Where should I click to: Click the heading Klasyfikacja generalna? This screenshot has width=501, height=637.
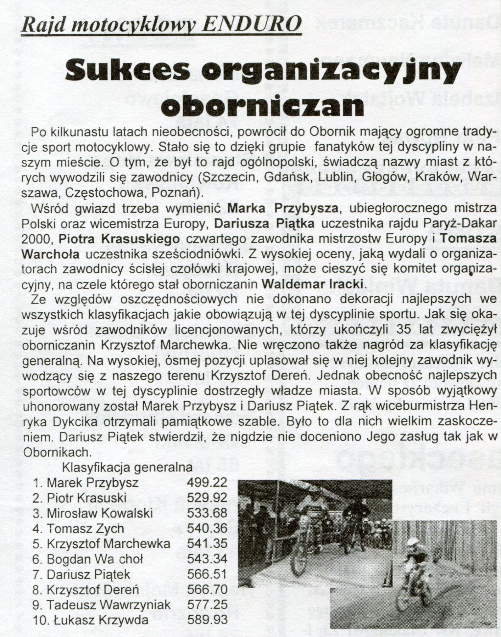(127, 467)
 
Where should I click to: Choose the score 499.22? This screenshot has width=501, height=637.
(207, 482)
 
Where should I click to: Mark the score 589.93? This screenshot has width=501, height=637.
(207, 620)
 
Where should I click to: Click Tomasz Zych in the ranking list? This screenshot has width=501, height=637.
(85, 528)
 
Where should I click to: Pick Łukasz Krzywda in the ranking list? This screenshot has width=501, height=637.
(97, 620)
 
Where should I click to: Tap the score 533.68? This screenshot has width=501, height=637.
(207, 513)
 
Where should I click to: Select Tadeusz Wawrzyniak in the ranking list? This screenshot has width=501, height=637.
(108, 604)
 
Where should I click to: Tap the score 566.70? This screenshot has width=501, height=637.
(207, 589)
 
